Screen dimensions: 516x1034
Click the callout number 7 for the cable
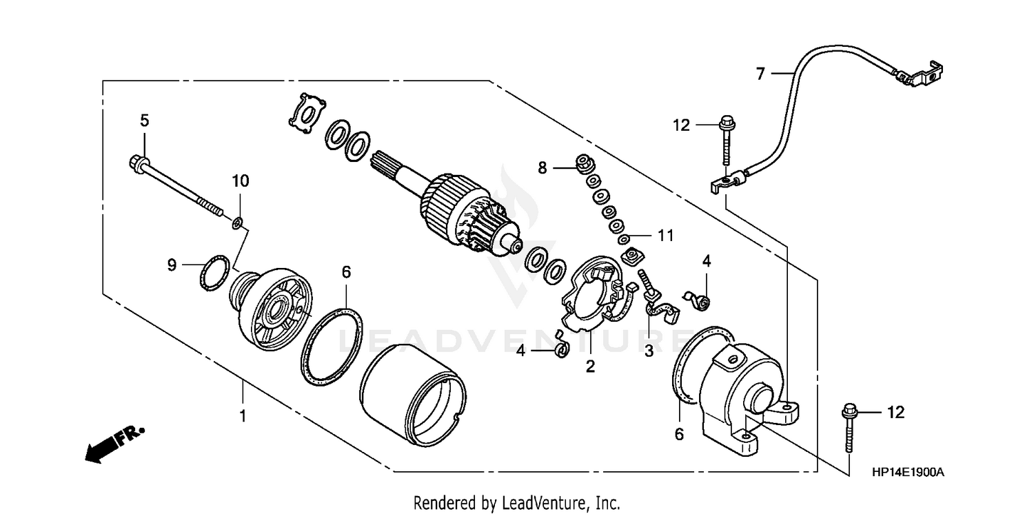pyautogui.click(x=760, y=74)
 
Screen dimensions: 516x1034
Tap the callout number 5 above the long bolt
pyautogui.click(x=144, y=121)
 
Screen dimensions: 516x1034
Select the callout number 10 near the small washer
pyautogui.click(x=240, y=181)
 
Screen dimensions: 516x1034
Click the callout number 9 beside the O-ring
pyautogui.click(x=173, y=264)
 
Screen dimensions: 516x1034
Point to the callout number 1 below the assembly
pyautogui.click(x=242, y=416)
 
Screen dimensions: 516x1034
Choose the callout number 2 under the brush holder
pyautogui.click(x=590, y=367)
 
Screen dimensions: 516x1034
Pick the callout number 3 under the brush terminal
pyautogui.click(x=648, y=351)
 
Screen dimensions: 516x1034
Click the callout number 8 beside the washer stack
pyautogui.click(x=543, y=167)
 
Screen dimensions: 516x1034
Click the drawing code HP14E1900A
pyautogui.click(x=907, y=473)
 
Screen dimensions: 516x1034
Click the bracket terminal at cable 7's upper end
pyautogui.click(x=920, y=74)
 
